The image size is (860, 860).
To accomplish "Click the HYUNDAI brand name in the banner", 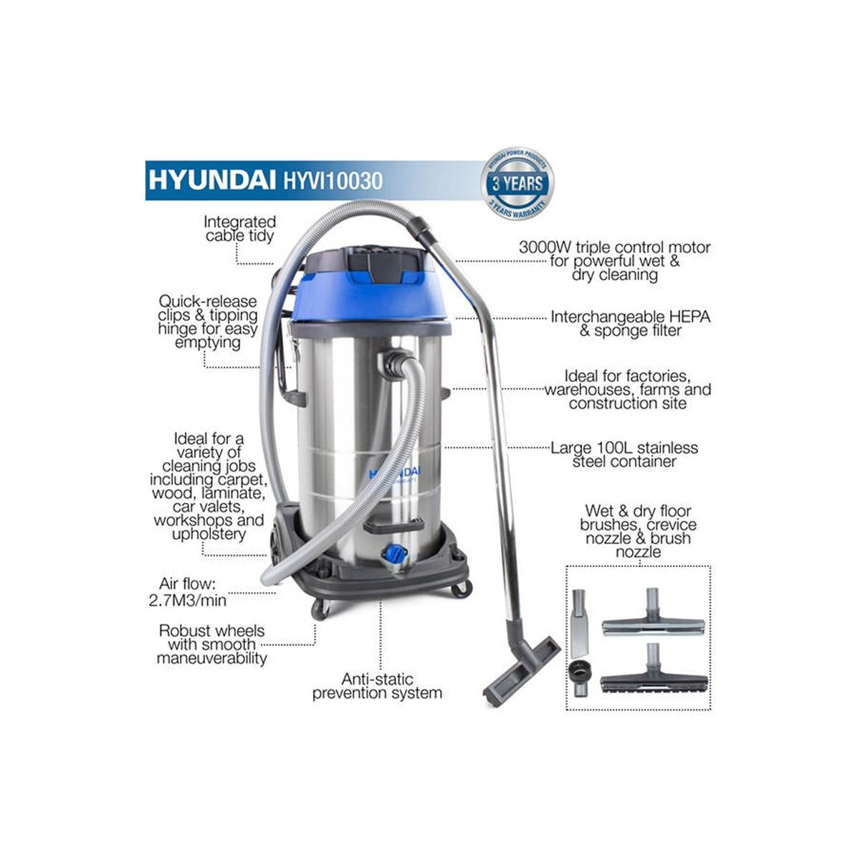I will pyautogui.click(x=208, y=179).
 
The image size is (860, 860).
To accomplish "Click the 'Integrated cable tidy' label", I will pyautogui.click(x=239, y=229).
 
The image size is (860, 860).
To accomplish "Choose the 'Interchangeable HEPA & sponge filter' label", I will pyautogui.click(x=631, y=323).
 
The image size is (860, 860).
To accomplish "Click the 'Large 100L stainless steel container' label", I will pyautogui.click(x=623, y=454).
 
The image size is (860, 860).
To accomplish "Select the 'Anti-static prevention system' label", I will pyautogui.click(x=377, y=686).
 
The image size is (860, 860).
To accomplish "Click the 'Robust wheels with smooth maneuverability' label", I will pyautogui.click(x=211, y=644).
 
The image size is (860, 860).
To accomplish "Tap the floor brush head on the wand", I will pyautogui.click(x=521, y=666).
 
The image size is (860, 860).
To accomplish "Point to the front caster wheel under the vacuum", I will pyautogui.click(x=320, y=609).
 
